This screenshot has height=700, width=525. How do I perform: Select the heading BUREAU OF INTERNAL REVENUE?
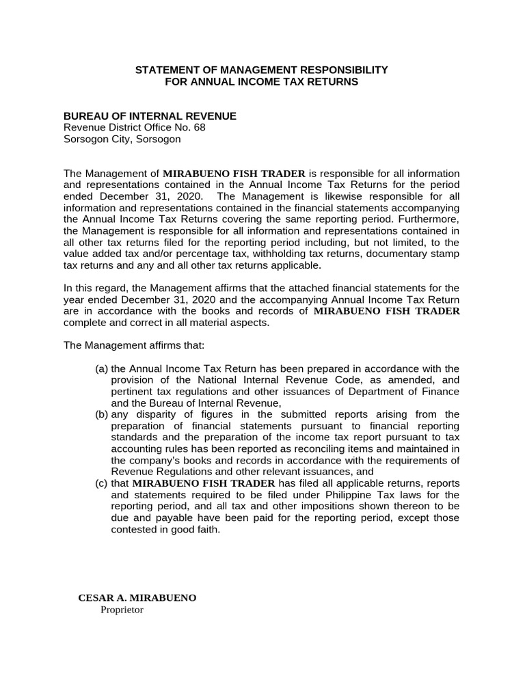point(150,116)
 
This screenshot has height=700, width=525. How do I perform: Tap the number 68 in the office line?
point(198,128)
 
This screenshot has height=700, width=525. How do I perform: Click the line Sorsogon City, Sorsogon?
point(122,139)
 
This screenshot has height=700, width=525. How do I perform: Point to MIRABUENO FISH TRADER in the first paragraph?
point(233,174)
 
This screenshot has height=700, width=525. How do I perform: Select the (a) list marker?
point(101,368)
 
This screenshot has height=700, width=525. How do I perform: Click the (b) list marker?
point(101,414)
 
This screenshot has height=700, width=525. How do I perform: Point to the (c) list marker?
point(101,483)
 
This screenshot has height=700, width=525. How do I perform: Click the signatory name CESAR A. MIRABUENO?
point(137,597)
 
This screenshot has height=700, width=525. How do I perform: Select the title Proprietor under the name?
point(122,610)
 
